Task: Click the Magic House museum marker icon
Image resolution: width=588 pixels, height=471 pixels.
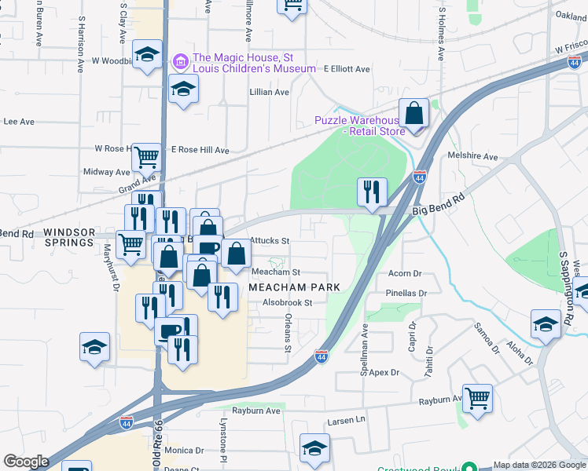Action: pyautogui.click(x=180, y=60)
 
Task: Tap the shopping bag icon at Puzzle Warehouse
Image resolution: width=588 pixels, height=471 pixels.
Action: pyautogui.click(x=413, y=114)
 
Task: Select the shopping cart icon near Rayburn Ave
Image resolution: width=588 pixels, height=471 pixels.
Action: pyautogui.click(x=477, y=398)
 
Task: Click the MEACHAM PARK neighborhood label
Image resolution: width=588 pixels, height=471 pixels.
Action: pyautogui.click(x=295, y=287)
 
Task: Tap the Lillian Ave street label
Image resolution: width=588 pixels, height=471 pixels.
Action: pyautogui.click(x=270, y=92)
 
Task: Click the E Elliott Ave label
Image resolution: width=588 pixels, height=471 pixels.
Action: pyautogui.click(x=346, y=69)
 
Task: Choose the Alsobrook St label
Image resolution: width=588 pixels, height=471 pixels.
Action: pyautogui.click(x=288, y=302)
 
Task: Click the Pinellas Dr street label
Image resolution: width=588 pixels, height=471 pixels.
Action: pyautogui.click(x=406, y=293)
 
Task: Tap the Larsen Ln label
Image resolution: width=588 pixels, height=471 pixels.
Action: pyautogui.click(x=348, y=420)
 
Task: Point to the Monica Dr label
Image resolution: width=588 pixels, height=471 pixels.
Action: pyautogui.click(x=185, y=451)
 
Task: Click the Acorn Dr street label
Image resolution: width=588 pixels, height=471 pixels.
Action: pyautogui.click(x=406, y=274)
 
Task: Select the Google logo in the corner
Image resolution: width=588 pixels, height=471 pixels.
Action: pyautogui.click(x=26, y=462)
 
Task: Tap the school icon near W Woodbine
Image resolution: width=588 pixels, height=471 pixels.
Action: pyautogui.click(x=146, y=55)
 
